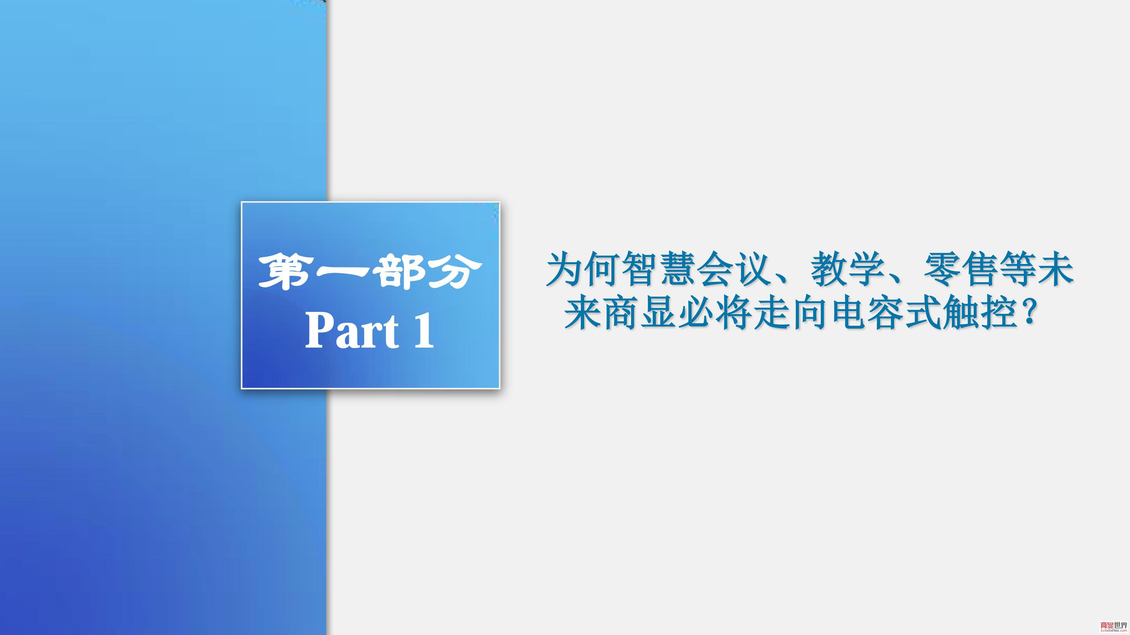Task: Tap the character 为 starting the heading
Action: tap(564, 269)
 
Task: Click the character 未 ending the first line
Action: tap(1055, 269)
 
